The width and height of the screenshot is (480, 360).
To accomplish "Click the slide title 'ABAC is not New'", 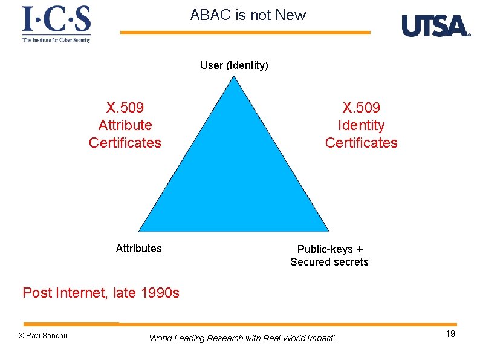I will pos(248,15).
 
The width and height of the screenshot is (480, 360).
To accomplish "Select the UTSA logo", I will pos(435,26).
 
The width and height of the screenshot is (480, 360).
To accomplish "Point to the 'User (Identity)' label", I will pos(234,65).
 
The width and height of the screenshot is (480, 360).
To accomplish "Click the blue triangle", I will pos(235,175).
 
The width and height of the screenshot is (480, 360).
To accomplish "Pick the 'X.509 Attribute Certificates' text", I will pos(125,125).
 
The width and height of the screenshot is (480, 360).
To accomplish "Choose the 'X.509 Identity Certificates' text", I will pos(361,125).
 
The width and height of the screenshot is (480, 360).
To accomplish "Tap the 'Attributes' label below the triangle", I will pos(138,249).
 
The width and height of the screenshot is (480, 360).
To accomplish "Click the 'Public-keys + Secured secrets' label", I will pos(329,255).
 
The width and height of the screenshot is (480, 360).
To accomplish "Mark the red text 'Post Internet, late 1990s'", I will pos(101,293).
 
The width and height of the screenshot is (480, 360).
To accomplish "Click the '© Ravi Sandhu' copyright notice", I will pos(43,336).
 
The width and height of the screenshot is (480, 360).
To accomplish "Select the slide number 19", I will pos(450,335).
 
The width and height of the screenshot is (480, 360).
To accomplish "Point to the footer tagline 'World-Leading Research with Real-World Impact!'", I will pos(242,338).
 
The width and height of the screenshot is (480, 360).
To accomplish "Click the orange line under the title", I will pos(245,33).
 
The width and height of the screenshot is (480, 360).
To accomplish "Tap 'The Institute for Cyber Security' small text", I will pos(56,40).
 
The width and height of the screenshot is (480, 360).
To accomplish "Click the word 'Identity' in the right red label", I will pos(361,125).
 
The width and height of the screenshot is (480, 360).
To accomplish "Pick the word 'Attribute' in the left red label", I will pos(125,125).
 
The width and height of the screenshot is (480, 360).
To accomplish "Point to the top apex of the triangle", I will pos(235,77).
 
